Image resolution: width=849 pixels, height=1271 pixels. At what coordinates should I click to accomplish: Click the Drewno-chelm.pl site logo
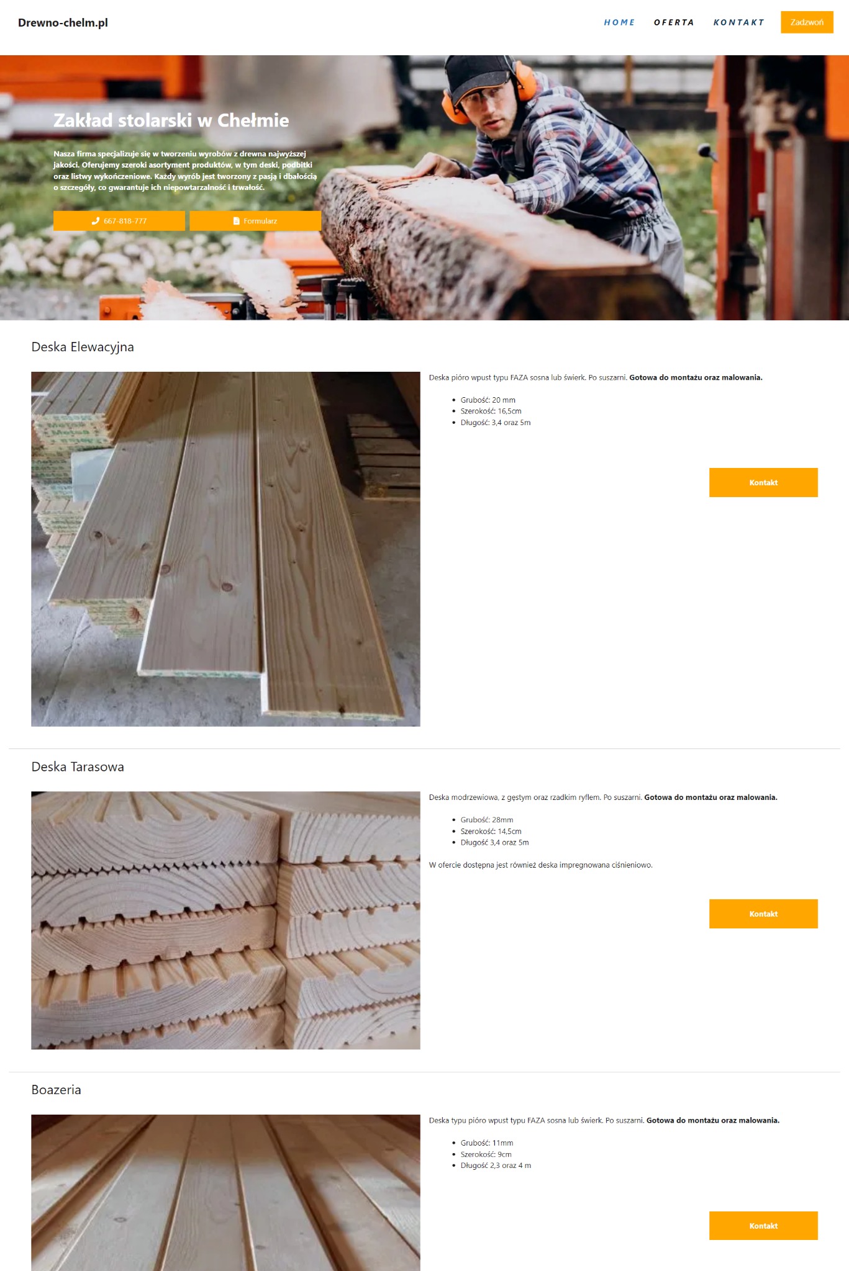(63, 22)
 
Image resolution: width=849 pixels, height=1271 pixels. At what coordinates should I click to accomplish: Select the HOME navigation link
(619, 22)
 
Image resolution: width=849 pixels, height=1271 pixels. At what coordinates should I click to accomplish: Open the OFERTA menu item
(674, 22)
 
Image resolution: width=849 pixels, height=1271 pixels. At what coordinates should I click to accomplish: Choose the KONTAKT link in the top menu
(738, 22)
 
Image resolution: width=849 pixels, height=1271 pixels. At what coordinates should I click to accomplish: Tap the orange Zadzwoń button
(807, 22)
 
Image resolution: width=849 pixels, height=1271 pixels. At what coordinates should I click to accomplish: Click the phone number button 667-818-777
(119, 221)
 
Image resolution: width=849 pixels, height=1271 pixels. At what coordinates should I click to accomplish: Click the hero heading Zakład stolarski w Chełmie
(171, 120)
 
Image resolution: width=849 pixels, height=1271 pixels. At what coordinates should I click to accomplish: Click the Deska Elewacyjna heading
(83, 347)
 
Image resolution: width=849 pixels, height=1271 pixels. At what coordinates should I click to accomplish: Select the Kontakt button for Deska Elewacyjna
(763, 482)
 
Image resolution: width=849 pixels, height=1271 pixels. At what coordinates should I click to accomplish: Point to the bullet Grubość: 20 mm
(488, 400)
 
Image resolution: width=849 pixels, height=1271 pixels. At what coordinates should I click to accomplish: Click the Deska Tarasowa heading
(78, 767)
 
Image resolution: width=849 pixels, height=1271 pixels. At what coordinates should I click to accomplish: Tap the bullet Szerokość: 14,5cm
(491, 832)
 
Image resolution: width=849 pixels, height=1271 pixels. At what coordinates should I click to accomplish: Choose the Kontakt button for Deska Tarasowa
(763, 914)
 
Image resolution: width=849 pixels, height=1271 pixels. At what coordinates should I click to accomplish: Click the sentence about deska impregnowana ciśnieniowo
(540, 865)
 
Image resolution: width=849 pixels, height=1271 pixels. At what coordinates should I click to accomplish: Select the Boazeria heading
(56, 1090)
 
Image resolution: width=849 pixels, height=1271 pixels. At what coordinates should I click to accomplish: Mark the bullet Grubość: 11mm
(487, 1143)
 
